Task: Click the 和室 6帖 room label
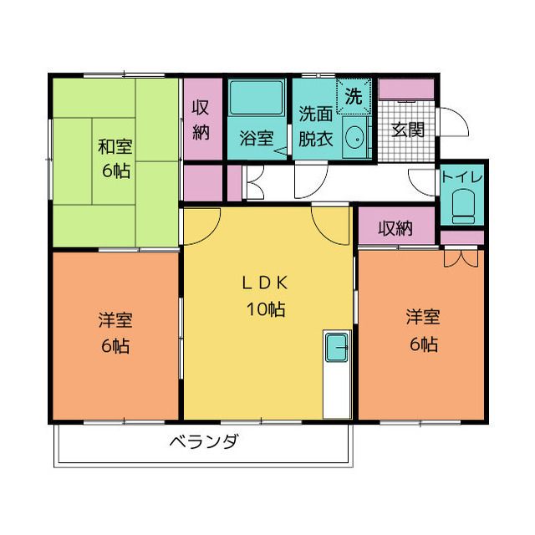(x=115, y=158)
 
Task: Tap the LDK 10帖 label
(x=266, y=296)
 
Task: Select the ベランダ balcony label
(x=204, y=442)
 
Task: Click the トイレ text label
(x=462, y=177)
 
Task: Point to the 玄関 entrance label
(x=408, y=130)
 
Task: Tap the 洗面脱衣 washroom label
(x=316, y=126)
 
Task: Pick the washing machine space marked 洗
(x=354, y=96)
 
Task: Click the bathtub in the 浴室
(x=257, y=97)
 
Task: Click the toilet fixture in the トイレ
(x=463, y=206)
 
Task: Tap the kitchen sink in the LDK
(x=337, y=348)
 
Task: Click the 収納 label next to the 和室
(x=201, y=120)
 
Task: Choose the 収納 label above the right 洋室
(x=395, y=228)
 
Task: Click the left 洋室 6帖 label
(x=115, y=333)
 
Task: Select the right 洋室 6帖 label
(x=423, y=330)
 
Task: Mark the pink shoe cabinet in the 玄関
(x=406, y=89)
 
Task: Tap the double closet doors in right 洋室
(x=461, y=258)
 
